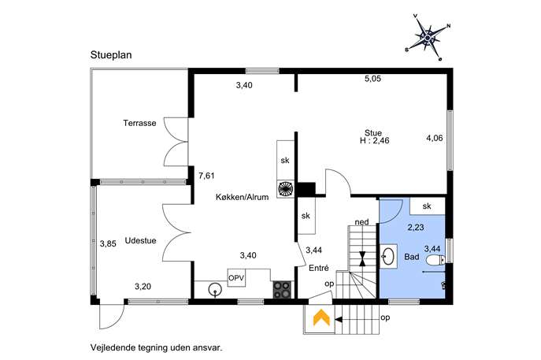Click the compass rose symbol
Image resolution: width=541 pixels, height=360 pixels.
(428, 37)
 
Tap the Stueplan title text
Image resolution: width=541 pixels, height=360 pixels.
(111, 55)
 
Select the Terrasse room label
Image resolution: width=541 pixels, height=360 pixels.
(139, 123)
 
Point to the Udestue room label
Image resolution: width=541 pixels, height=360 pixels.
(140, 240)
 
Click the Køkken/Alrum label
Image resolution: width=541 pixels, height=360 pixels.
(243, 197)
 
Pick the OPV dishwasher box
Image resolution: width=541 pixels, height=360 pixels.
(236, 277)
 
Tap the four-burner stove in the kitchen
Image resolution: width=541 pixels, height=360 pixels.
(282, 290)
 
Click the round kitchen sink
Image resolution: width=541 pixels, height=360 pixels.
(216, 290)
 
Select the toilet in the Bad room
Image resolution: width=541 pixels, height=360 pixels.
(435, 260)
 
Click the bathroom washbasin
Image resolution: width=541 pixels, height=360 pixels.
(389, 256)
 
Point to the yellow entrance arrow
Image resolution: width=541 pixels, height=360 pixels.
(321, 317)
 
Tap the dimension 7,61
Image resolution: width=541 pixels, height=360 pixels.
(206, 176)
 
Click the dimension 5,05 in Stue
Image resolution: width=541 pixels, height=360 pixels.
(372, 79)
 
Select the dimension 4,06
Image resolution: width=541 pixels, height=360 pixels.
(435, 138)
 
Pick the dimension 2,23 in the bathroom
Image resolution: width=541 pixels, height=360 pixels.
(416, 228)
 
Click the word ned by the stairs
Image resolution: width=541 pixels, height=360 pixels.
(362, 222)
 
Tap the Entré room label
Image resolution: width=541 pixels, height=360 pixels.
(319, 268)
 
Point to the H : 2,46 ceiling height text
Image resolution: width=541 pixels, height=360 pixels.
(375, 141)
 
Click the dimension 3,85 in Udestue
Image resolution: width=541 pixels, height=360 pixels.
(108, 243)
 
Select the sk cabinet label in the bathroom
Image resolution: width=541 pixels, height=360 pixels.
(427, 206)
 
